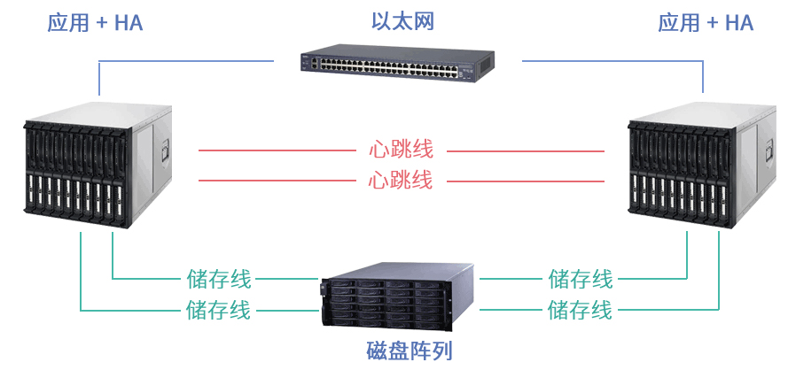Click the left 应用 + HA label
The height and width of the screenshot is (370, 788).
pos(95,23)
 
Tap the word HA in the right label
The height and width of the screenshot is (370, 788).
pos(738,23)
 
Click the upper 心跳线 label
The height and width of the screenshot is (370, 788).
pos(400,150)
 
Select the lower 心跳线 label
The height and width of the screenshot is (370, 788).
pos(400,181)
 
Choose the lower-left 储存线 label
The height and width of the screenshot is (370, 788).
pos(218,310)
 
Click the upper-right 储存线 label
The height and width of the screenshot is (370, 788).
pos(581,280)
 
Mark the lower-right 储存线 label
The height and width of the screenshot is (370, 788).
pos(580,310)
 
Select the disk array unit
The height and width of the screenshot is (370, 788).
pos(399,302)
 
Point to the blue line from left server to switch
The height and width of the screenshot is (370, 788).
pos(186,61)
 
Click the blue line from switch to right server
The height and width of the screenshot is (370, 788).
pos(612,61)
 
